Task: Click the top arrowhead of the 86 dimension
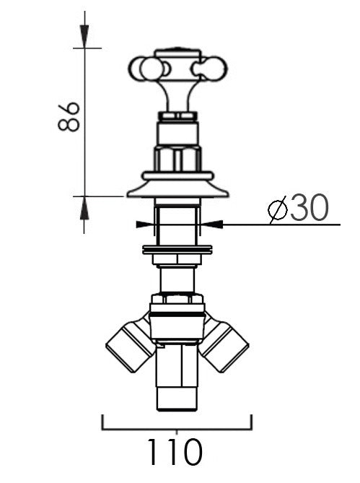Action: point(84,35)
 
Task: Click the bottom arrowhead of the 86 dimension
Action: point(84,209)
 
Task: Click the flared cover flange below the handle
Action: point(177,190)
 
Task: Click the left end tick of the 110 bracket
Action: point(102,422)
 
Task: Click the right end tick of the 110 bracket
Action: point(252,422)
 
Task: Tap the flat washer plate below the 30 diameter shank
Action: point(177,251)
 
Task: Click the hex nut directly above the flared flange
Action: point(177,158)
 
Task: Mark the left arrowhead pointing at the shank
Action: point(144,224)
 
